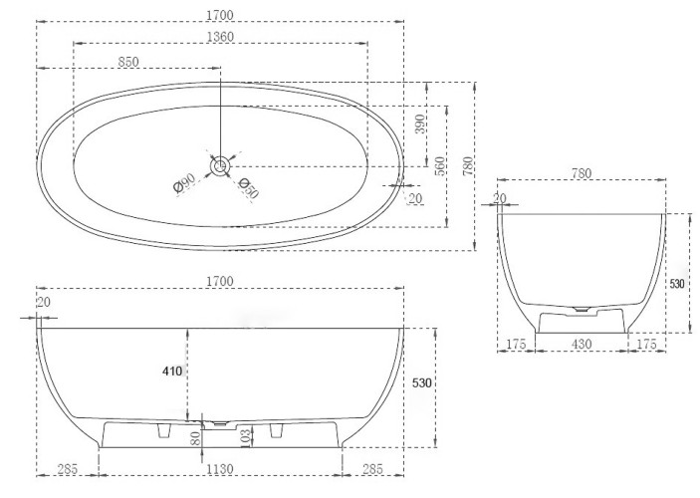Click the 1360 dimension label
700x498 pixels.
(220, 36)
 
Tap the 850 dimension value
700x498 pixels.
(128, 62)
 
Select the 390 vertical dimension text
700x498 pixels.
(419, 124)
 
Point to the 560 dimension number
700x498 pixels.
(440, 165)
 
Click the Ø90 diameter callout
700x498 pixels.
(184, 183)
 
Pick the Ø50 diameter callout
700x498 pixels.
(248, 187)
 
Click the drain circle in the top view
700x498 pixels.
(220, 166)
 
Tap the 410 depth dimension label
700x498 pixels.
(172, 372)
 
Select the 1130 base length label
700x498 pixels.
(220, 469)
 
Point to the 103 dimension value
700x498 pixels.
(244, 437)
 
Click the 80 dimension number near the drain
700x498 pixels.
(195, 438)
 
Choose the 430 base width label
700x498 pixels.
(582, 344)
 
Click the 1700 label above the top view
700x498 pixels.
(220, 15)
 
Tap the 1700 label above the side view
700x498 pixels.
(220, 282)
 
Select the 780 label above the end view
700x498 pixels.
(582, 173)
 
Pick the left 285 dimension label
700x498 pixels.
(68, 469)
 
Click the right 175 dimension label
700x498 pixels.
(646, 344)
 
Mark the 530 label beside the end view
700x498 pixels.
(677, 284)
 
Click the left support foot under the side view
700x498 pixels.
(164, 430)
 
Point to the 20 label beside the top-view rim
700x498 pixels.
(415, 198)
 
